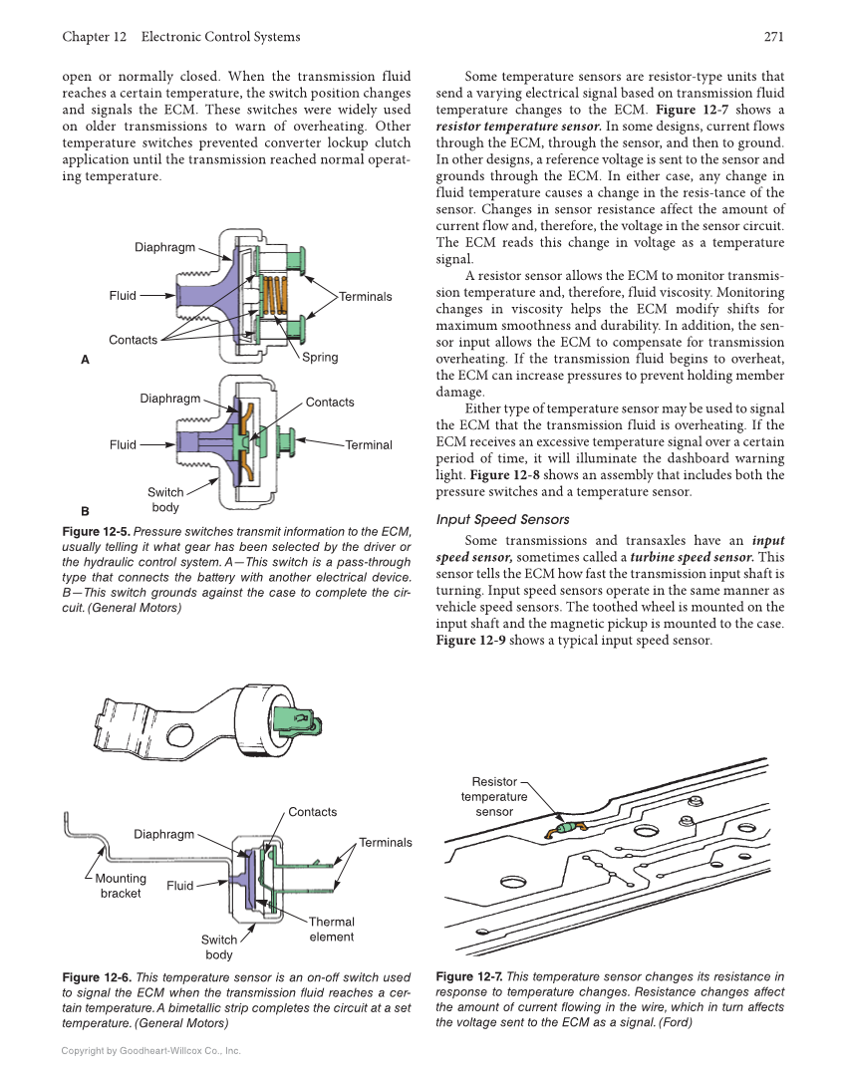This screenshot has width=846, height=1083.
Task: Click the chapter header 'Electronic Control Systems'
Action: [x=220, y=37]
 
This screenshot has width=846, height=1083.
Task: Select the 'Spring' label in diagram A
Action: [x=320, y=357]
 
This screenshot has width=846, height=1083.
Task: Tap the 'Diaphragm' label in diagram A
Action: [x=164, y=247]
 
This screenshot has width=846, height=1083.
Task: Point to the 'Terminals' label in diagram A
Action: [x=365, y=297]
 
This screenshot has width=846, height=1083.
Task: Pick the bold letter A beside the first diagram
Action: [x=86, y=359]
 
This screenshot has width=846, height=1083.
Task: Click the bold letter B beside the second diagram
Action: [x=86, y=512]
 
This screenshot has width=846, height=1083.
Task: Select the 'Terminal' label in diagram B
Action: [x=369, y=445]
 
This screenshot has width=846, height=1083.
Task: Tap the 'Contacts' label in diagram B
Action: [x=330, y=403]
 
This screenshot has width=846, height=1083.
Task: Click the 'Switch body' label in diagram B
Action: [x=165, y=500]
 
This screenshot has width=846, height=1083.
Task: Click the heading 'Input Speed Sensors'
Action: [x=503, y=519]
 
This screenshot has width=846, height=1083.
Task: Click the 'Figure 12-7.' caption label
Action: [x=469, y=977]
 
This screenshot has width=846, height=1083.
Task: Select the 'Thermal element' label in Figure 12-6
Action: [x=331, y=929]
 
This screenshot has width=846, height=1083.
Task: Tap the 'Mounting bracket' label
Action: [x=121, y=886]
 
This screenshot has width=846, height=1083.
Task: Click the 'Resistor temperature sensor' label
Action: [x=494, y=797]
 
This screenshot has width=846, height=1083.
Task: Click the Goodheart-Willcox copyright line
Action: [x=150, y=1051]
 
